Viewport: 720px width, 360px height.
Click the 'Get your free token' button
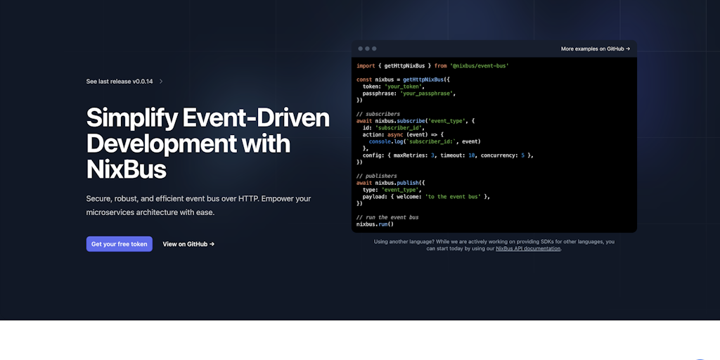pos(120,244)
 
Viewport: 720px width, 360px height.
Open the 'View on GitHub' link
pos(188,244)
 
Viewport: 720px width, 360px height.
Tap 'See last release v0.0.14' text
pos(120,82)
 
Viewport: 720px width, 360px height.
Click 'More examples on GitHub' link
pos(596,49)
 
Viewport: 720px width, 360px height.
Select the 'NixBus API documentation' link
pos(528,248)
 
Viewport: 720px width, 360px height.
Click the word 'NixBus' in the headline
pos(127,169)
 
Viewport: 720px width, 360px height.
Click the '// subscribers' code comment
pos(378,114)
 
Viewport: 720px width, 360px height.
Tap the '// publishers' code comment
pos(377,176)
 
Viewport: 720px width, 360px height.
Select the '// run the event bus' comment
pos(387,217)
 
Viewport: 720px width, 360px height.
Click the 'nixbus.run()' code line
pos(375,224)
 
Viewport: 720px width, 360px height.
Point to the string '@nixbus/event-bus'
pos(480,65)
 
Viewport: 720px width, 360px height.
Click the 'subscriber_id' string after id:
pos(398,128)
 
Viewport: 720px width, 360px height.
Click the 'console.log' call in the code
pos(388,141)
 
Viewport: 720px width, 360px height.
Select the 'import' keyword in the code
pos(366,65)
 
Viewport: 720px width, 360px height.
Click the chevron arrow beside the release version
pos(161,82)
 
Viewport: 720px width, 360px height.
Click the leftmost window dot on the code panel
pos(360,49)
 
